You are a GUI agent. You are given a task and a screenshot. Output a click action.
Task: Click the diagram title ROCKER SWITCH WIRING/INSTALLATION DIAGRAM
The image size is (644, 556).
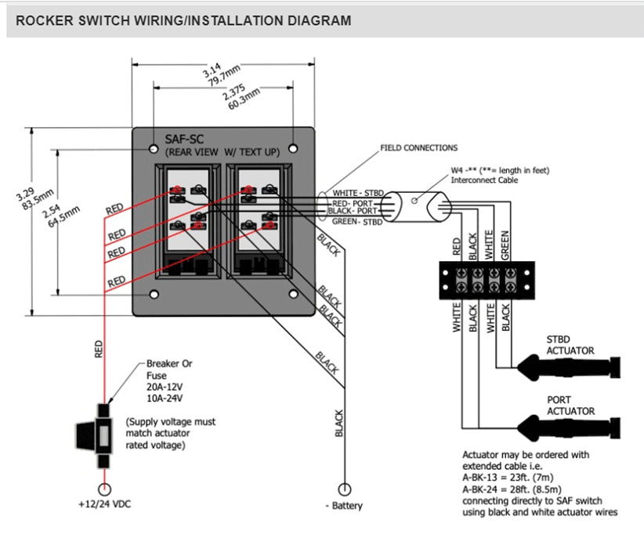[183, 21]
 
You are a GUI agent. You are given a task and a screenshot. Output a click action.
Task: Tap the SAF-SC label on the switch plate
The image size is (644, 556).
[181, 139]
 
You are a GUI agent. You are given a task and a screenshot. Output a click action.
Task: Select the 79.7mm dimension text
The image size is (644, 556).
[222, 81]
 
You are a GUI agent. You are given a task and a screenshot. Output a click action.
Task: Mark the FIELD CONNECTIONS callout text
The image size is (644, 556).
[418, 147]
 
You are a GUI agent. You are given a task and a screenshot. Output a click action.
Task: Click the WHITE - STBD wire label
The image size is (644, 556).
[356, 192]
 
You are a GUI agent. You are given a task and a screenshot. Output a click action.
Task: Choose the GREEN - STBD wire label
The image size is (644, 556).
[356, 222]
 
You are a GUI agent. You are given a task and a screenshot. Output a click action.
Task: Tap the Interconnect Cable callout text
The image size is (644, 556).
[484, 180]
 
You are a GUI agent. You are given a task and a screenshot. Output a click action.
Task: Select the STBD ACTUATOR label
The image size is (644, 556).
[570, 345]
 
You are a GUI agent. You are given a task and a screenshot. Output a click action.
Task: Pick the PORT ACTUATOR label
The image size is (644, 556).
[570, 405]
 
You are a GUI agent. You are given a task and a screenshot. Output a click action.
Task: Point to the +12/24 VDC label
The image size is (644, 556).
[104, 504]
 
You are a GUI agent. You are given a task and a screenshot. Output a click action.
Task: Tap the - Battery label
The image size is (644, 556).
[344, 506]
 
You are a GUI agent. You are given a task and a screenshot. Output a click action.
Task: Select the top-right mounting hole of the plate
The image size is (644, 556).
[293, 148]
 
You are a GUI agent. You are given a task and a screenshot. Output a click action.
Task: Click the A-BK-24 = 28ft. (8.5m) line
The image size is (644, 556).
[520, 489]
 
